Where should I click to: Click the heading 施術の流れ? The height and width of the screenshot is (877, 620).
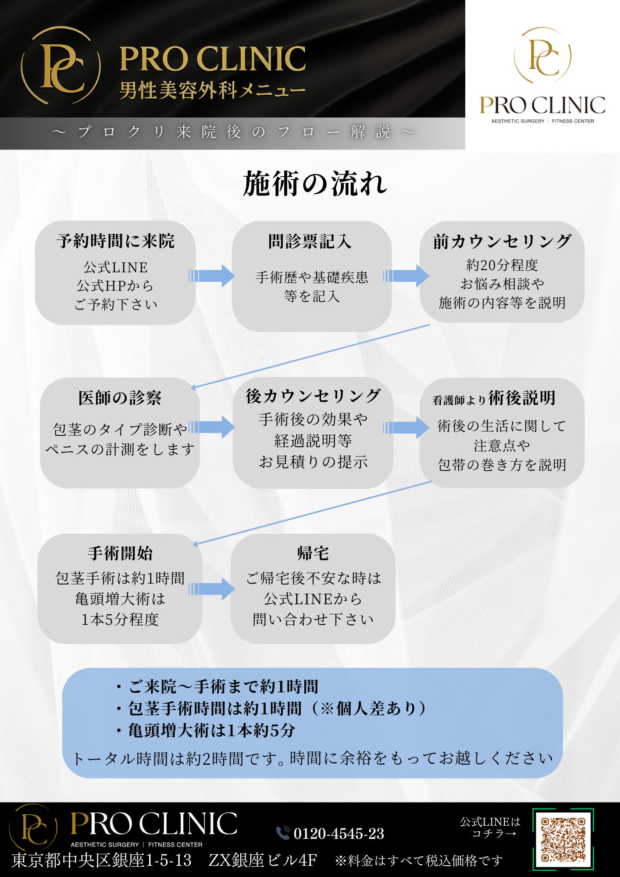coord(315,184)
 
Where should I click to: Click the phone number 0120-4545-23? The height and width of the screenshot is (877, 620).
coord(339,833)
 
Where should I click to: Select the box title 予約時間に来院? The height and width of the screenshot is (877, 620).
coord(115,241)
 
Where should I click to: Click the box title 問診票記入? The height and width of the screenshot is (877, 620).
coord(310,241)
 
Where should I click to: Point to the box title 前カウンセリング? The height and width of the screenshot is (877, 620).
coord(502,241)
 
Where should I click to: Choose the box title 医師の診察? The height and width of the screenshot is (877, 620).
coord(120,398)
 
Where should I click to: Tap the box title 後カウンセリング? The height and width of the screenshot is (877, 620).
coord(313,396)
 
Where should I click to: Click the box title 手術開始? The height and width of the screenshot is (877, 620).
coord(120,553)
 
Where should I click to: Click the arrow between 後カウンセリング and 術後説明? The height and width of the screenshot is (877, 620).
coord(406,428)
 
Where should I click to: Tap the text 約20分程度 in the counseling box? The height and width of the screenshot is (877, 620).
coord(502,265)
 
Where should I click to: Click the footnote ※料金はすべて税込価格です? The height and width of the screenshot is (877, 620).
coord(419,861)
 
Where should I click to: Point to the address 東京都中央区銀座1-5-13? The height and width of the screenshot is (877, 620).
coord(102,860)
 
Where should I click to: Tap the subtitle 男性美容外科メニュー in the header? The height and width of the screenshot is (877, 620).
coord(212,91)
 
